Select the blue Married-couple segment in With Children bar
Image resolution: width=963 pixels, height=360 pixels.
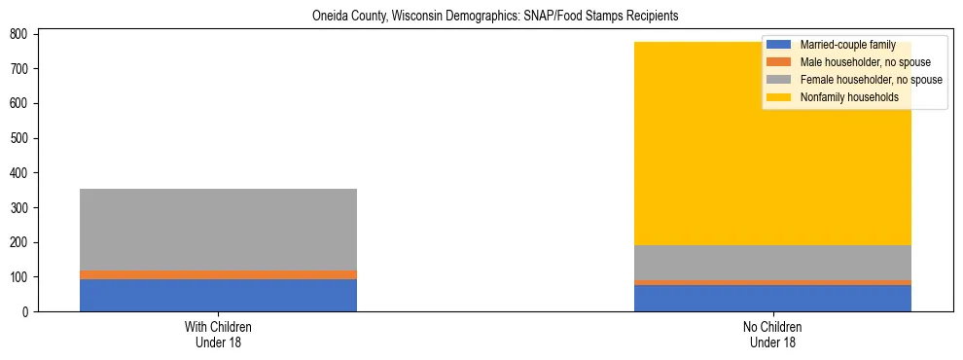(218, 295)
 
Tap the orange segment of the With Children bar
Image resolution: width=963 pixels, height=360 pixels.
(218, 274)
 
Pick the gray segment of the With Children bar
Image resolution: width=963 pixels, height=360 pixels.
(218, 230)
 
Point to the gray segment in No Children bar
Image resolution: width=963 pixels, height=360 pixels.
(772, 263)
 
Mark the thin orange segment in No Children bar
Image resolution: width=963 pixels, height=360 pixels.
(772, 282)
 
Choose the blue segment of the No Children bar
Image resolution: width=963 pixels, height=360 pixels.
(772, 298)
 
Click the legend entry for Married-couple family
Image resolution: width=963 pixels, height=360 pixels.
(847, 45)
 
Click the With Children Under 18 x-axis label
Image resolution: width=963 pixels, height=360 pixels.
(218, 334)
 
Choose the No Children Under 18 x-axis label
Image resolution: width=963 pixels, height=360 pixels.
(772, 334)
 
